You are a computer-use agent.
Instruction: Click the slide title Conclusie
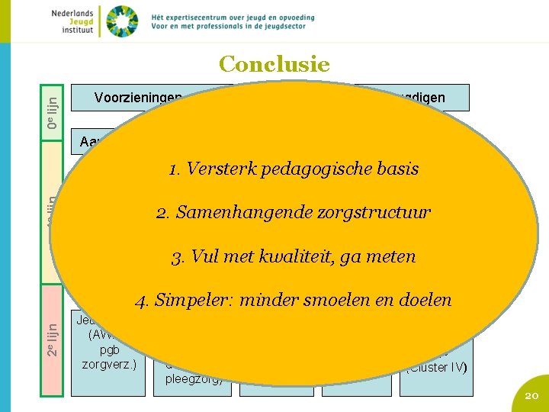point(274,64)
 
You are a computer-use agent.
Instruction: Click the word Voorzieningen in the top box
point(138,98)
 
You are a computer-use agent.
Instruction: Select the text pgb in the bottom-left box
point(108,349)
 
